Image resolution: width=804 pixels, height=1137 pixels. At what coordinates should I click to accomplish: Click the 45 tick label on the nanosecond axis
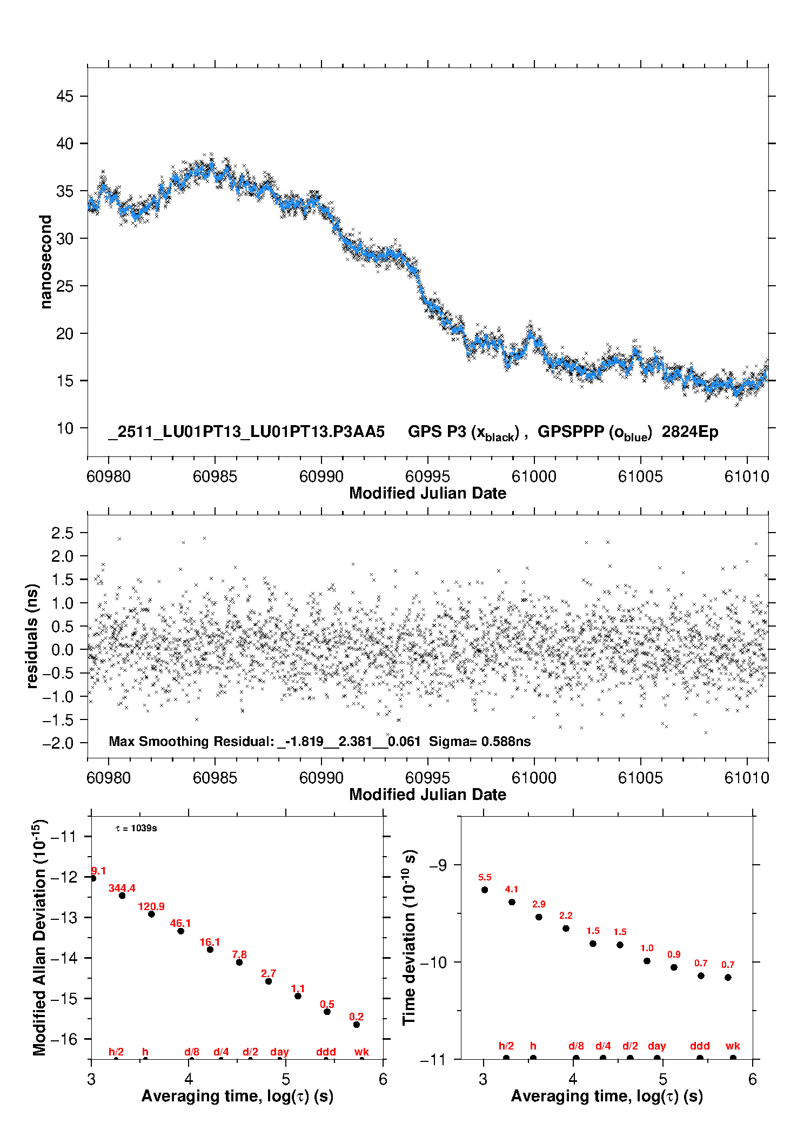(65, 96)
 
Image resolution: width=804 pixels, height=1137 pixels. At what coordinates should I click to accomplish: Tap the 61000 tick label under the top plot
(534, 476)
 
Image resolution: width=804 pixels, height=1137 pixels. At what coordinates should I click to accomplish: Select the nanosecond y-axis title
(45, 261)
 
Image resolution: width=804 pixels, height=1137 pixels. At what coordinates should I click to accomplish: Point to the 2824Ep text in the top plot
(690, 432)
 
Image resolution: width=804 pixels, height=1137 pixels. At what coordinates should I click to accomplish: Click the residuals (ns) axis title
(32, 636)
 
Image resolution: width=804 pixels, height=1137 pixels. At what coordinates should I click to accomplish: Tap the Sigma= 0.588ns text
(480, 741)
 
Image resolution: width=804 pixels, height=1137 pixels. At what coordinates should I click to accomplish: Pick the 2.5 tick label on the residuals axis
(62, 533)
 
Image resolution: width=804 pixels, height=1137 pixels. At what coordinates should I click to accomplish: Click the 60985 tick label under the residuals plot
(215, 778)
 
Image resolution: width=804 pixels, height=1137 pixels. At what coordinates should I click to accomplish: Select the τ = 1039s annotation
(136, 828)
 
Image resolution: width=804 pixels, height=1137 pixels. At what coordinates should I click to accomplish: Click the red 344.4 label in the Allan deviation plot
(122, 888)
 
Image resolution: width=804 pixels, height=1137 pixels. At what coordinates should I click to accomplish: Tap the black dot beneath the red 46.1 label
(181, 931)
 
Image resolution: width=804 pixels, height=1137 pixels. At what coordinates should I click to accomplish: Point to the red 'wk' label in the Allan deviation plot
(361, 1052)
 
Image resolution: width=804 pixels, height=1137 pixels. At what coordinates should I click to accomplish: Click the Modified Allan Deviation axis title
(39, 937)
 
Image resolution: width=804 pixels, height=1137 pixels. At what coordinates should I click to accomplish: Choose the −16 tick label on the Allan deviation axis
(64, 1039)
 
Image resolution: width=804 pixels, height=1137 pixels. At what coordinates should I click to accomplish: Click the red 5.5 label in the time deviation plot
(485, 877)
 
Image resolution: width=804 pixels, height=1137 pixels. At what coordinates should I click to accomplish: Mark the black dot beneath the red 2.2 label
(566, 929)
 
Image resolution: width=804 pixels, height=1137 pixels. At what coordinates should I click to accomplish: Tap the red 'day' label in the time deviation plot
(657, 1046)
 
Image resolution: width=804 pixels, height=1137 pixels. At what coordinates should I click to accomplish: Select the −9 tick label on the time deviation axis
(438, 865)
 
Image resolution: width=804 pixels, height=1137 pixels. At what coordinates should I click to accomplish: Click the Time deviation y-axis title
(409, 938)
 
